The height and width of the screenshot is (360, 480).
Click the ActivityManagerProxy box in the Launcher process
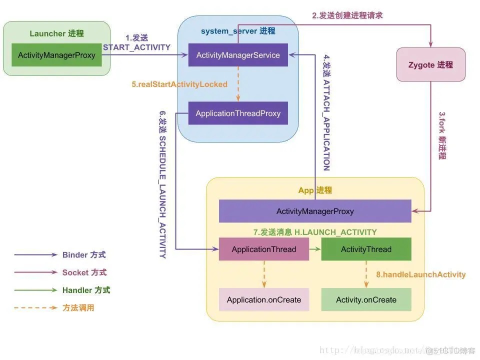coord(56,55)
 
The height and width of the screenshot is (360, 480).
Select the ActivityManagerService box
coord(238,55)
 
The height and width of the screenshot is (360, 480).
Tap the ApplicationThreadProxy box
coord(238,113)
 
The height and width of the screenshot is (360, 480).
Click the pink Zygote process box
coord(430,64)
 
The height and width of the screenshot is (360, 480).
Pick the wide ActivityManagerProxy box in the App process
coord(315,211)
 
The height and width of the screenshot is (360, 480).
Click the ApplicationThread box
coord(264,249)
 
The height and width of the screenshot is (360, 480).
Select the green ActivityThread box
coord(366,249)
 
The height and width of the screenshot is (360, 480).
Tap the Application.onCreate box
coord(264,300)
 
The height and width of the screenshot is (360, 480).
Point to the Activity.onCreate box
coord(366,300)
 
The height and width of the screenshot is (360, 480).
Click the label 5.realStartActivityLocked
coord(179,84)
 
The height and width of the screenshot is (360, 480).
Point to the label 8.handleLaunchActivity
coord(420,274)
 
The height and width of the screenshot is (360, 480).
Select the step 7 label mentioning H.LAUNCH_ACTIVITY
coord(315,232)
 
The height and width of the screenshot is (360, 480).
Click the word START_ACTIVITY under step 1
coord(136,47)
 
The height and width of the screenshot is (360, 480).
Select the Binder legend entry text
coord(84,254)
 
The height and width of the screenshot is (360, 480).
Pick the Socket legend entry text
coord(84,272)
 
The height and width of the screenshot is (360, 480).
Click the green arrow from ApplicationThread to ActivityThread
coord(314,249)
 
